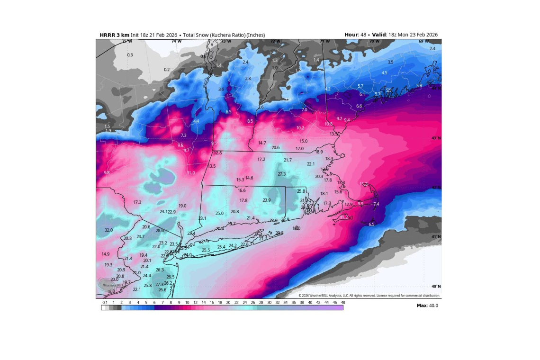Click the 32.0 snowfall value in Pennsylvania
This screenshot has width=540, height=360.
(x=108, y=230)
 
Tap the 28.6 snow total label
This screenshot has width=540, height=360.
(x=160, y=231)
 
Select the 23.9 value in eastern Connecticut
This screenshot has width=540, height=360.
(x=267, y=200)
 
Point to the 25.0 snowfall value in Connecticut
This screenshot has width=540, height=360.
(x=219, y=213)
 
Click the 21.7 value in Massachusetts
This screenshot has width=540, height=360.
(x=288, y=160)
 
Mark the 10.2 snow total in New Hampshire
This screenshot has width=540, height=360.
(x=300, y=128)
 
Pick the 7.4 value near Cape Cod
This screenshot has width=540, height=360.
(x=376, y=204)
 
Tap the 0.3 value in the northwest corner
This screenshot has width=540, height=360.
(x=130, y=55)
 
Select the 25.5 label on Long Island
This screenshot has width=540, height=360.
(x=206, y=250)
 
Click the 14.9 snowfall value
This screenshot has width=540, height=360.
(x=105, y=254)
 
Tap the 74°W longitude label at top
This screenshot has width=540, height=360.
(x=176, y=41)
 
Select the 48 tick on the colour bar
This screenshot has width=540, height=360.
(x=342, y=302)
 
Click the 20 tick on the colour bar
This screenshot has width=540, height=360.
(x=228, y=302)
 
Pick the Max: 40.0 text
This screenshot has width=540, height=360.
(x=427, y=306)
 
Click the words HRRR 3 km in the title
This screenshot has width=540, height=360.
(x=114, y=35)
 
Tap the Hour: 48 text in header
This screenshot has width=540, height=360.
(x=354, y=35)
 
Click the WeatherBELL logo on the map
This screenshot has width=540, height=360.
(x=108, y=284)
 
